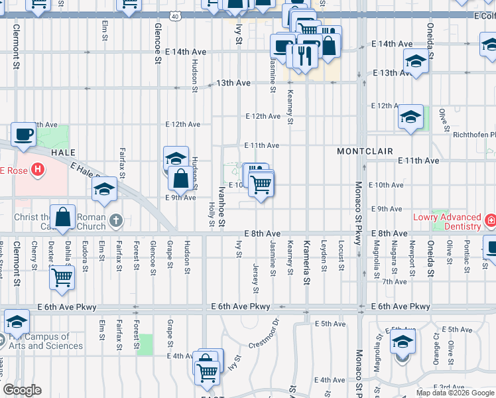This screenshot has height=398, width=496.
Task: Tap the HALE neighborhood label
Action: [x=62, y=153]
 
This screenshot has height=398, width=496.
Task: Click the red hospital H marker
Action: [x=38, y=170]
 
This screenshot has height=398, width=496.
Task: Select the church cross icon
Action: [x=116, y=220]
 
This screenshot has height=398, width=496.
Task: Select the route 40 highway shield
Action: [x=174, y=16]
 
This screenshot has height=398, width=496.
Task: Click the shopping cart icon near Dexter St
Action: [x=62, y=277]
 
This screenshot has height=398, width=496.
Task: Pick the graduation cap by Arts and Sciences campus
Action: [x=17, y=322]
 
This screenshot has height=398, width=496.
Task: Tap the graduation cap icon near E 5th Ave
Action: [x=402, y=343]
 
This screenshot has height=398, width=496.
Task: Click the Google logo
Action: [x=23, y=390]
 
